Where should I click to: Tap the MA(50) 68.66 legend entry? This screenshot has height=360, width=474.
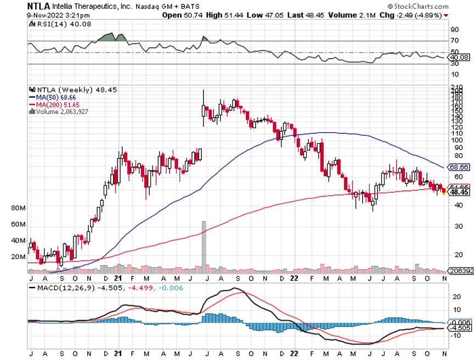(58, 97)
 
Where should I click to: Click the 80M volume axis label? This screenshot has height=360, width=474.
(18, 208)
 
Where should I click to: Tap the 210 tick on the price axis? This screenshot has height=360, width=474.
(455, 87)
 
